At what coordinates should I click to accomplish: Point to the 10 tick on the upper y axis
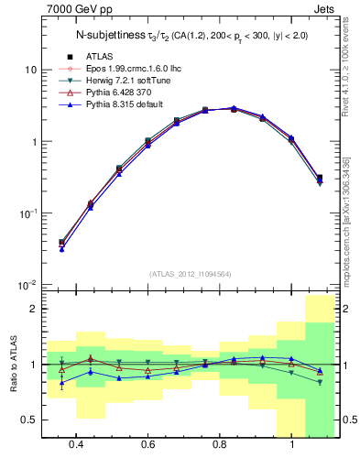[x=31, y=71]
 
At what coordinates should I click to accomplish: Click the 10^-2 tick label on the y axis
[x=27, y=286]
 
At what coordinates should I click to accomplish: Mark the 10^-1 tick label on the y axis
[x=27, y=214]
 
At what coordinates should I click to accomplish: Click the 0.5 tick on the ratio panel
[x=29, y=420]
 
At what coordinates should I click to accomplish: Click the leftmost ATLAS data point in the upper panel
[x=61, y=243]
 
